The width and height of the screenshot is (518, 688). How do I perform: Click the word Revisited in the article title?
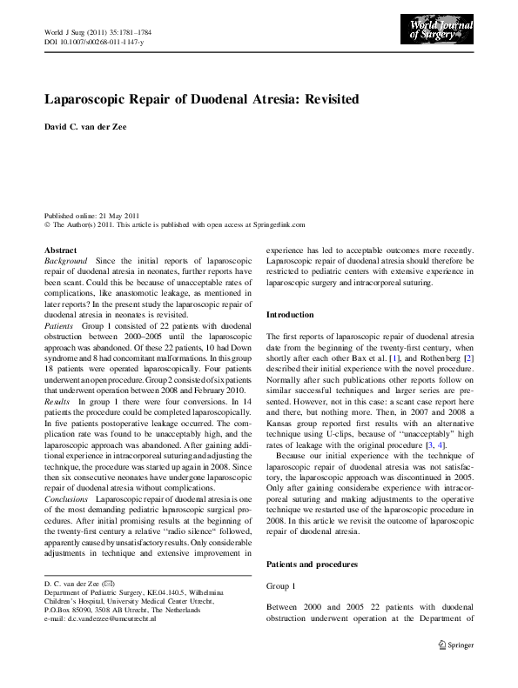[329, 99]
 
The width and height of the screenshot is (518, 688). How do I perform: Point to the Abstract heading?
[60, 250]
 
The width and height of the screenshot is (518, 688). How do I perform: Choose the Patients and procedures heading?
[311, 564]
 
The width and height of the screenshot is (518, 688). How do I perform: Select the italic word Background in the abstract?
[66, 261]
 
